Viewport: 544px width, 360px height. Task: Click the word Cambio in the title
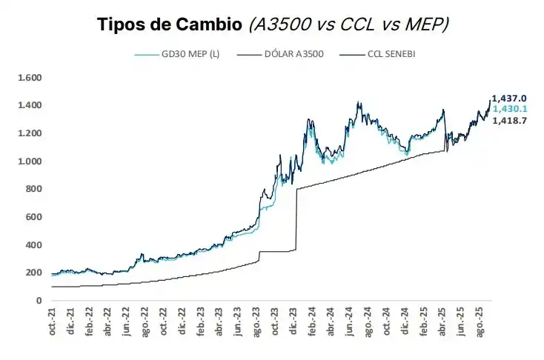(208, 25)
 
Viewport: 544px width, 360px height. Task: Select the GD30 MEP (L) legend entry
(189, 54)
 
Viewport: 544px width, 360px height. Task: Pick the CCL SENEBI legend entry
(385, 54)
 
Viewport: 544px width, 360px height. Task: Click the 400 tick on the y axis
(33, 245)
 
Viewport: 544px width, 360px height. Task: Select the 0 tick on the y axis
(38, 301)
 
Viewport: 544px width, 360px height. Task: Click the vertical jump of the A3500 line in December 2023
(296, 222)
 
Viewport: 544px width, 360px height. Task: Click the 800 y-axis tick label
(33, 190)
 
